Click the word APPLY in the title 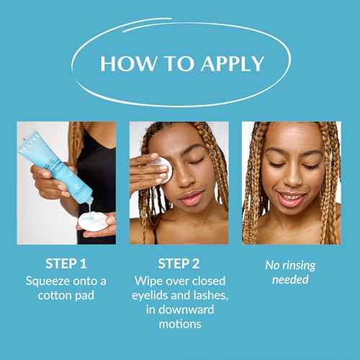click(x=233, y=63)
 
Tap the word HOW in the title click(x=127, y=63)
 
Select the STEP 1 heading click(x=66, y=264)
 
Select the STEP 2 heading click(x=179, y=264)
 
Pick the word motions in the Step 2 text click(x=180, y=324)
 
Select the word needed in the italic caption click(x=290, y=280)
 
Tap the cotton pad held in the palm click(x=93, y=221)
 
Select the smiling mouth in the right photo click(x=292, y=198)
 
